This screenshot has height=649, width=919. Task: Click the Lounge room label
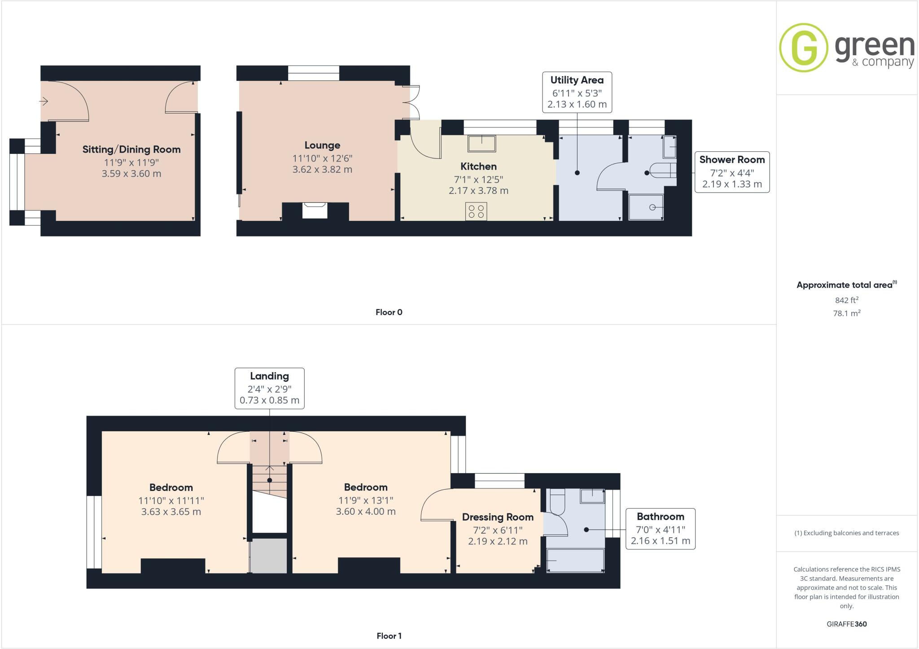click(x=322, y=145)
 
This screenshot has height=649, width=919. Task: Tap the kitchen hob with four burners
click(x=476, y=211)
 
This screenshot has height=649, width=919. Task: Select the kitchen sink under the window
click(x=482, y=144)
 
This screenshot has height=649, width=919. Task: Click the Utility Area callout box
click(x=577, y=92)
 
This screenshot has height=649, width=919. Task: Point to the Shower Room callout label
click(x=731, y=160)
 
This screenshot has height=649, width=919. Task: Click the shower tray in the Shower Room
click(x=646, y=207)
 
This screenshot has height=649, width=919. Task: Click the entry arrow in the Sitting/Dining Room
click(x=44, y=101)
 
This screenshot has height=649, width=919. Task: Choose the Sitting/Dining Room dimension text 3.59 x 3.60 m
click(x=131, y=174)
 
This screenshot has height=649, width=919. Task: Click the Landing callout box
click(x=269, y=388)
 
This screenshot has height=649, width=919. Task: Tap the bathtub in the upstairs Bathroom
click(x=575, y=561)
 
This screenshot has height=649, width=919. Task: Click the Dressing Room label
click(x=498, y=517)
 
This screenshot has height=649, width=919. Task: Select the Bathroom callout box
click(x=660, y=528)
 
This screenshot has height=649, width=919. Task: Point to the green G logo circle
click(x=803, y=48)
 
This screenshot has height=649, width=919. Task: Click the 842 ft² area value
click(x=846, y=300)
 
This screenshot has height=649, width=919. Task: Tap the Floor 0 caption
click(x=389, y=312)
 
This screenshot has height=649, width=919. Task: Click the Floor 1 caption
click(x=389, y=636)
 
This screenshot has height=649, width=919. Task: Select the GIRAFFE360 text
click(x=846, y=624)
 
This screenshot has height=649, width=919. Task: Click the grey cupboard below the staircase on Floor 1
click(x=268, y=556)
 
